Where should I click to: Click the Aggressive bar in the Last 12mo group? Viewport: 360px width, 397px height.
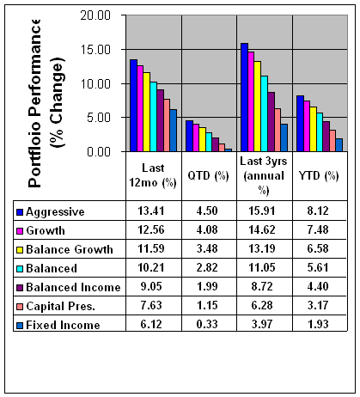click(x=133, y=106)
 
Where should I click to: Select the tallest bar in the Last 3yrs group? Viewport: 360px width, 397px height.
click(x=244, y=97)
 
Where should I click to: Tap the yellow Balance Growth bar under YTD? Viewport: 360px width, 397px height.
click(x=314, y=129)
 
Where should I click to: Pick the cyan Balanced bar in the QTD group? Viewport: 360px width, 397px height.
click(x=209, y=142)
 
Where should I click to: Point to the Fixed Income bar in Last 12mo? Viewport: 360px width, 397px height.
click(x=173, y=131)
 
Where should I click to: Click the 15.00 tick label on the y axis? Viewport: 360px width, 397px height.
click(x=95, y=50)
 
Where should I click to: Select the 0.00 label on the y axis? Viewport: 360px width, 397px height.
click(x=99, y=151)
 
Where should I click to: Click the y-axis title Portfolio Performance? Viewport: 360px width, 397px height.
click(x=34, y=103)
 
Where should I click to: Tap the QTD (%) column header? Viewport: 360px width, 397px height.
click(x=208, y=175)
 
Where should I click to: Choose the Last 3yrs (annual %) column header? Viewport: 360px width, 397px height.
click(x=264, y=175)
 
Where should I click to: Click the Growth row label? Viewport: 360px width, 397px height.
click(x=46, y=230)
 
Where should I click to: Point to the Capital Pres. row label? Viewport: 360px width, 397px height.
click(x=60, y=306)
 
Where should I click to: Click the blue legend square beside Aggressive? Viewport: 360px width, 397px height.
click(x=20, y=212)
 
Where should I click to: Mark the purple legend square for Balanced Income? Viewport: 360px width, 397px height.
click(x=20, y=288)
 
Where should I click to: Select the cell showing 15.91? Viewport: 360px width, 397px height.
click(x=262, y=211)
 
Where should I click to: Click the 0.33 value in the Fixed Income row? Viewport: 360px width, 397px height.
click(x=207, y=324)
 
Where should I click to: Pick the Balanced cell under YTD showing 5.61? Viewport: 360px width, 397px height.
click(x=318, y=267)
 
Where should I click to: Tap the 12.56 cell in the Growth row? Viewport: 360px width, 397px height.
click(x=151, y=229)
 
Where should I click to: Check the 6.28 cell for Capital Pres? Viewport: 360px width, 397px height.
click(x=262, y=305)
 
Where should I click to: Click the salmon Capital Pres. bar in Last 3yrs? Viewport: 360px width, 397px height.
click(x=278, y=130)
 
